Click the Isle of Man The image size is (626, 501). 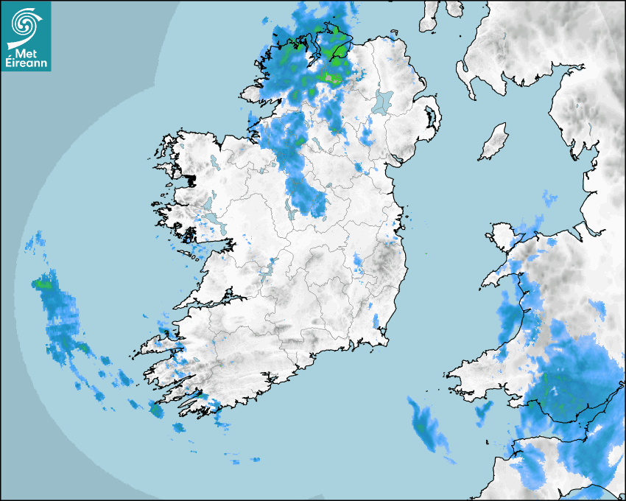pyautogui.click(x=494, y=142)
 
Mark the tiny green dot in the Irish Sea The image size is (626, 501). pyautogui.click(x=426, y=253)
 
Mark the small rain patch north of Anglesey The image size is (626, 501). pyautogui.click(x=549, y=197)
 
